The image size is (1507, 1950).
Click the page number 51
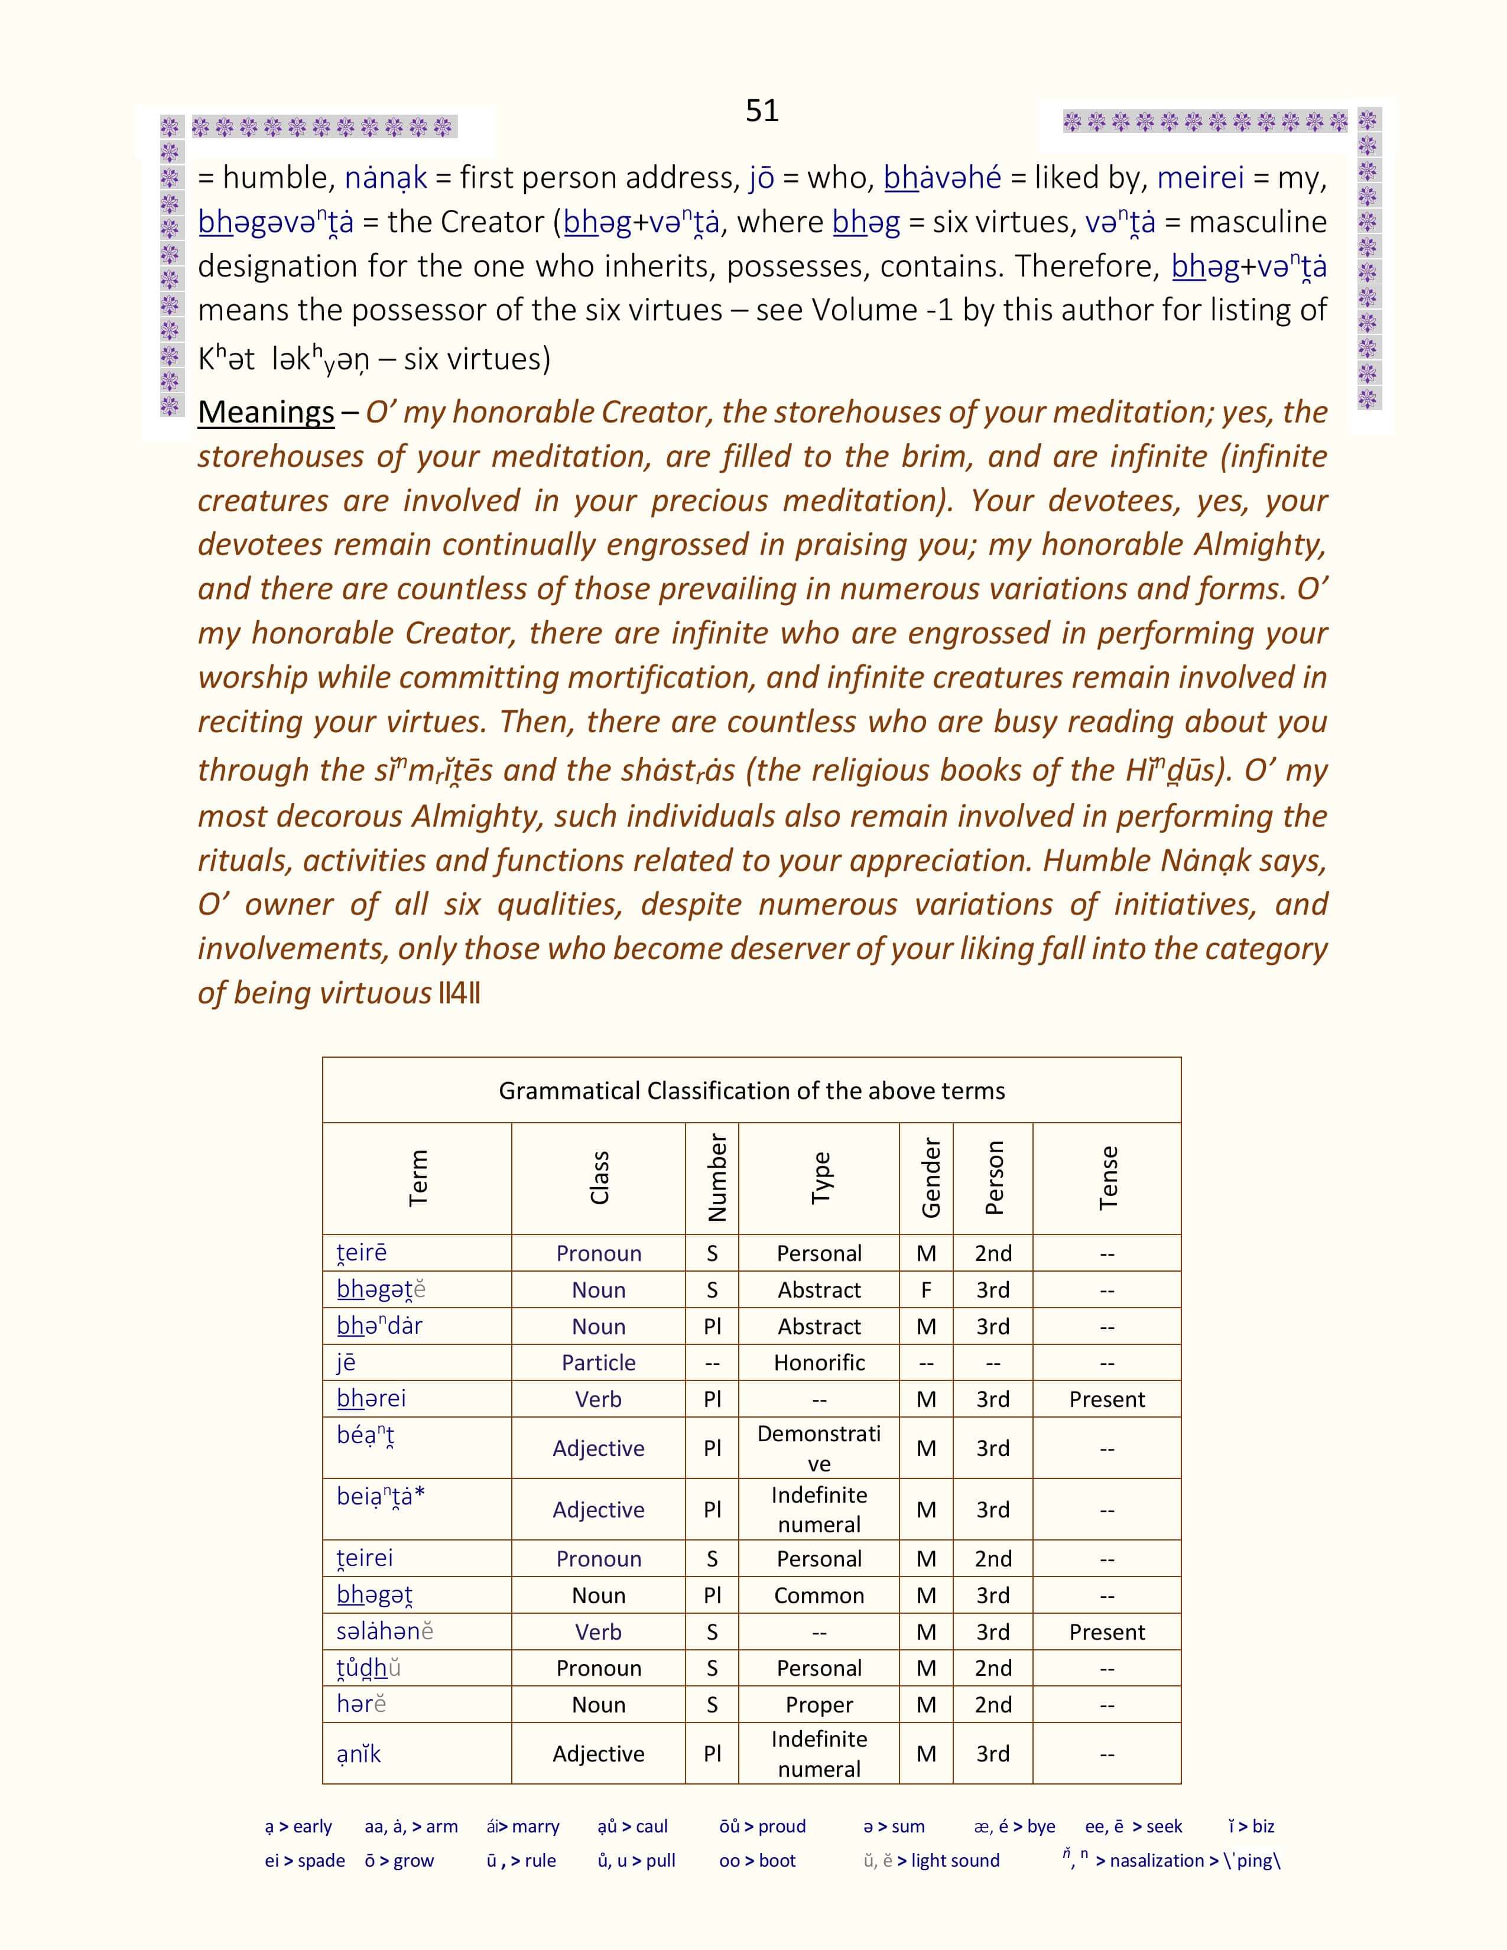pyautogui.click(x=762, y=110)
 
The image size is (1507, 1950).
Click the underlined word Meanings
pyautogui.click(x=265, y=412)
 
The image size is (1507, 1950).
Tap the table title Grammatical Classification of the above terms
pyautogui.click(x=752, y=1090)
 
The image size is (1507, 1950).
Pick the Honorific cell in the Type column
pyautogui.click(x=819, y=1363)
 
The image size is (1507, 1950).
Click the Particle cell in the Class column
pyautogui.click(x=598, y=1363)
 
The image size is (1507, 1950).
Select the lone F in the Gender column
pyautogui.click(x=926, y=1290)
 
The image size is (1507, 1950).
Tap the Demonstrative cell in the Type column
pyautogui.click(x=819, y=1448)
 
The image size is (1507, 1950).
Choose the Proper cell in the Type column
pyautogui.click(x=819, y=1704)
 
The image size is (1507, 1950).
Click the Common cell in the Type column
pyautogui.click(x=819, y=1595)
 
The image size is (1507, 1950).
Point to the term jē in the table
pyautogui.click(x=346, y=1363)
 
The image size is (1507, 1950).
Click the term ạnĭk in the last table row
pyautogui.click(x=359, y=1754)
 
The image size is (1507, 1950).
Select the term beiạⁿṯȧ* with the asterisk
pyautogui.click(x=381, y=1496)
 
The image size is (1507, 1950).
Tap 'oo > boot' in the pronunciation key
pyautogui.click(x=757, y=1861)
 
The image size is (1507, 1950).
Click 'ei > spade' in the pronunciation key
pyautogui.click(x=304, y=1861)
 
